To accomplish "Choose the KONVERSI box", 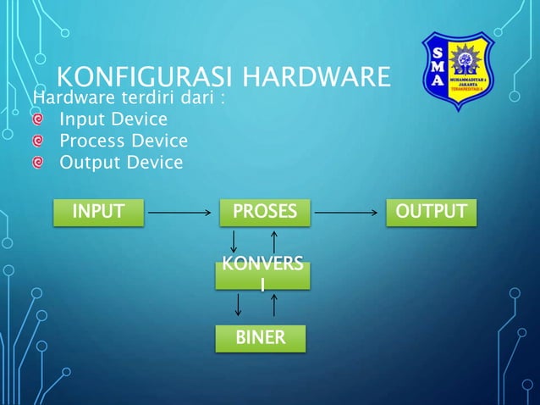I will (262, 276).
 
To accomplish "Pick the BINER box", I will (261, 339).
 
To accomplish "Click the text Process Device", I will (123, 141).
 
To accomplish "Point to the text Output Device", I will (120, 162).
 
